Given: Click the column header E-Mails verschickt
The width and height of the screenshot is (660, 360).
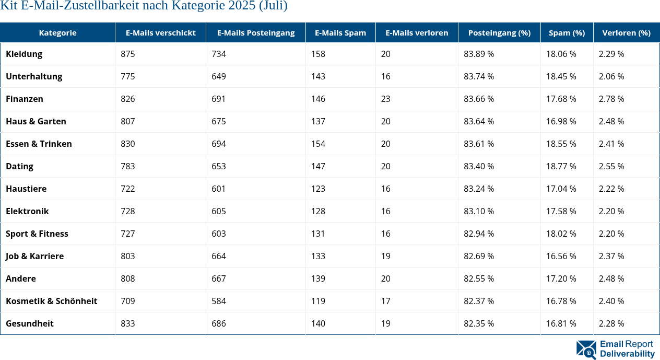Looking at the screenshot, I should point(160,32).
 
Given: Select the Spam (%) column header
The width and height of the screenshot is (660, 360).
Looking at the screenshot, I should point(567,32).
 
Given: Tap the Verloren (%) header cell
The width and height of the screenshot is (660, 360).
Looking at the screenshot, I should point(626,32).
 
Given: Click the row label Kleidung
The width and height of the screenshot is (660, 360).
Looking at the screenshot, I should point(24,54).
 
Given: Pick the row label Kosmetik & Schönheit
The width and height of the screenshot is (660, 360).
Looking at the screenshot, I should point(51,301).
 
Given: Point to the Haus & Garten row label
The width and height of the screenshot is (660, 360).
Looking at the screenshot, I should point(36,121).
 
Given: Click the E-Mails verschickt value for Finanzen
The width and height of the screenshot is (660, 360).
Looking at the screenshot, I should point(128,99).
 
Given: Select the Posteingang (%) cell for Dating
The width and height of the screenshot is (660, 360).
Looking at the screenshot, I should point(479,166).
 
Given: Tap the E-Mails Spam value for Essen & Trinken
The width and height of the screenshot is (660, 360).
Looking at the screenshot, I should point(318,144).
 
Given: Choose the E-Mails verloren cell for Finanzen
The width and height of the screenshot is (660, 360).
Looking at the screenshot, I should point(386,99).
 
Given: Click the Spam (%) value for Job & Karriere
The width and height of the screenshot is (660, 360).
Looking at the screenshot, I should point(561,256).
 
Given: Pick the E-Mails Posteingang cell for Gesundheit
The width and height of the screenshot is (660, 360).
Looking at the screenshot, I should point(219,323).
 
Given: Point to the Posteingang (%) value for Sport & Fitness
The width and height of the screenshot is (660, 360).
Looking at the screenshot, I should point(479,234).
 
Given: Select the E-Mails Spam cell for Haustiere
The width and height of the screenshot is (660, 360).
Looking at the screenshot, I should point(318,189).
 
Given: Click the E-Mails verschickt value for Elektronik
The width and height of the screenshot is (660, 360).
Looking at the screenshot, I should point(128,211).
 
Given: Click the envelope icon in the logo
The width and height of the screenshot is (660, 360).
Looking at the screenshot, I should point(586,350).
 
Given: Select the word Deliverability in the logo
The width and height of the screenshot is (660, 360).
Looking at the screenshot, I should point(627,354).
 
